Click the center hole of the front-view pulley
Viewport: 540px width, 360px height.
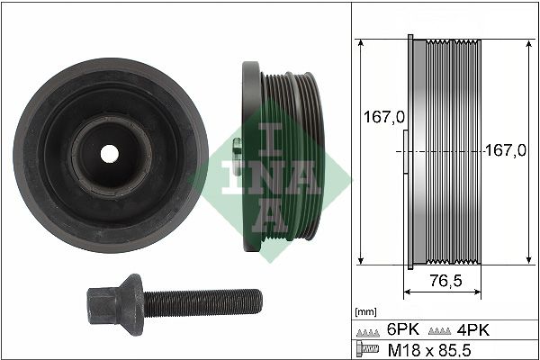pyautogui.click(x=109, y=153)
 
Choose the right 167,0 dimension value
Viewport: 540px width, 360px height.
pyautogui.click(x=505, y=151)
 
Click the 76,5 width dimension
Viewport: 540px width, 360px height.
pyautogui.click(x=444, y=280)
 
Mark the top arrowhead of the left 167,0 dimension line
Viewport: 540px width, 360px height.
pyautogui.click(x=359, y=42)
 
